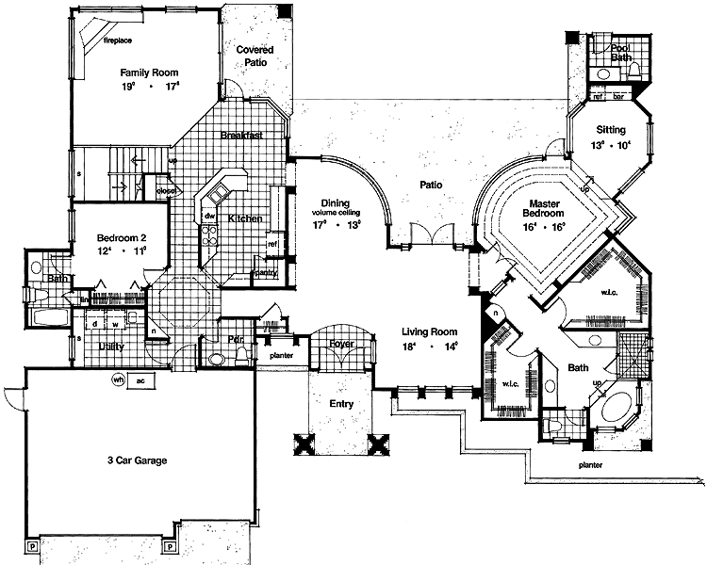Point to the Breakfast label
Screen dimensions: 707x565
tap(240, 136)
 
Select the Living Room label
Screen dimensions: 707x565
tap(429, 332)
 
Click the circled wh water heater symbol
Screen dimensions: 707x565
tap(120, 379)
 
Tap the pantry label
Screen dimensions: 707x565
tap(265, 273)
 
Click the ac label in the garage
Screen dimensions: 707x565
tap(140, 380)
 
